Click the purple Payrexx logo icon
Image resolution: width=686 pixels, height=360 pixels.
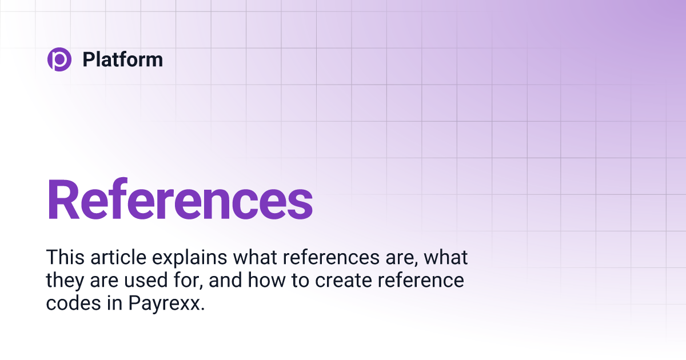59,59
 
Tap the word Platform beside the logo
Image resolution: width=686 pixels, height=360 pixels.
123,59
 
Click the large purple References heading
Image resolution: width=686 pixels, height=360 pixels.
180,199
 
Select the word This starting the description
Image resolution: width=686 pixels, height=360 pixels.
64,257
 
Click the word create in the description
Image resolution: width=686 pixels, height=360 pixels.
339,281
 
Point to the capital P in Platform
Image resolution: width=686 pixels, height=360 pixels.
89,59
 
